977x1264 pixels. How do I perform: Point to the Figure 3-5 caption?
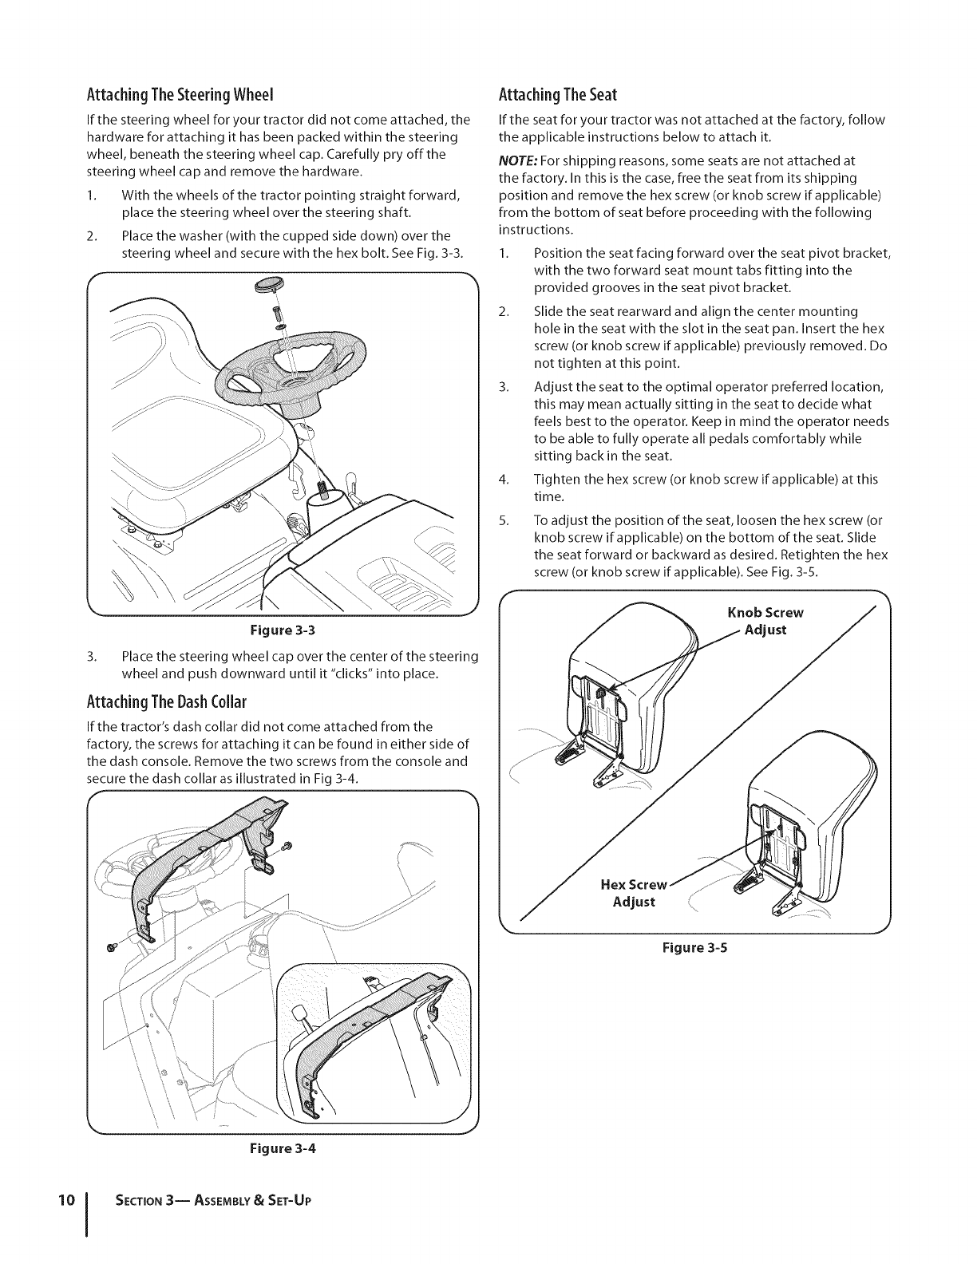pos(694,949)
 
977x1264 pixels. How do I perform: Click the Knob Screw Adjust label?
pos(765,621)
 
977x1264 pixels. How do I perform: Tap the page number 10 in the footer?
pos(67,1200)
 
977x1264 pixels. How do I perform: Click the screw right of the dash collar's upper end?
pos(288,845)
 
